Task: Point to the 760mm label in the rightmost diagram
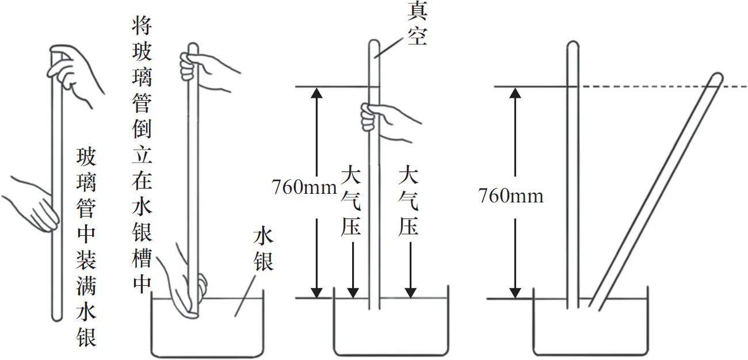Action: (511, 196)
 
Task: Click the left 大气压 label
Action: (350, 201)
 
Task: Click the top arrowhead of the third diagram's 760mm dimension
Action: (315, 93)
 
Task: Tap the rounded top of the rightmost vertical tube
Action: (573, 45)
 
